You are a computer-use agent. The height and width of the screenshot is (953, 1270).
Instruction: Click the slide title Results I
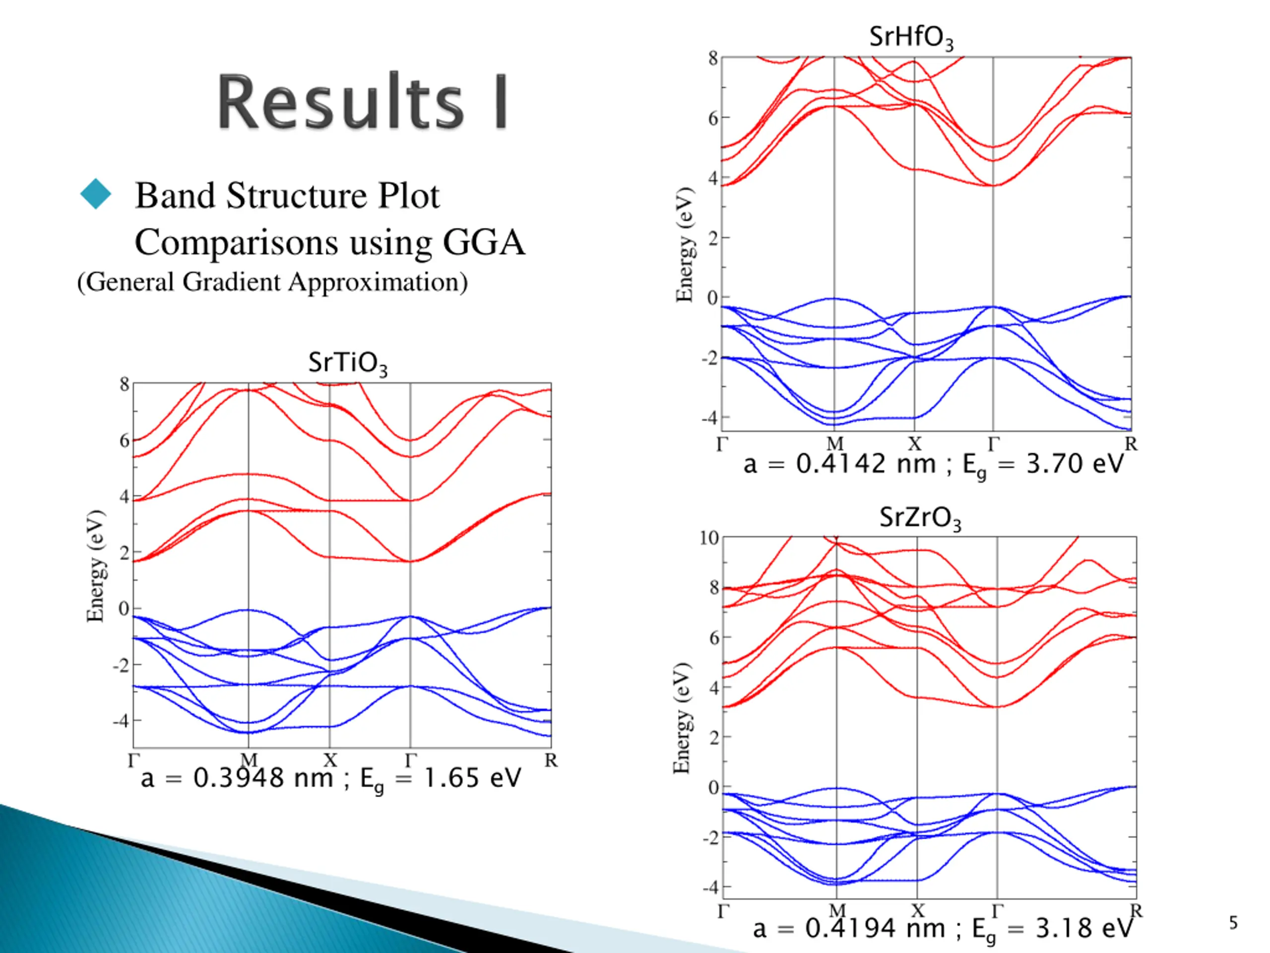362,102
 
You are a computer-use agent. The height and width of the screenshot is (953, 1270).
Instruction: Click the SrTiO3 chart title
347,363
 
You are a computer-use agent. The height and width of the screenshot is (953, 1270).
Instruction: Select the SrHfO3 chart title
911,38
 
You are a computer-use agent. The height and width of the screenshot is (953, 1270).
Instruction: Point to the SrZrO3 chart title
920,518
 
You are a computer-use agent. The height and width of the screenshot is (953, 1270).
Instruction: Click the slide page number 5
1233,923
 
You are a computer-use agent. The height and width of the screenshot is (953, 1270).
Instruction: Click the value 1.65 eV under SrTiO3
472,778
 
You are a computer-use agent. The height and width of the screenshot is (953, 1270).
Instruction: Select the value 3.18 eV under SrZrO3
1084,928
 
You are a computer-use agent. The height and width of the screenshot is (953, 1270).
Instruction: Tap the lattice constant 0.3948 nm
263,778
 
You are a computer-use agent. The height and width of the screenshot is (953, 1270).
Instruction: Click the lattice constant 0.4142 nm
866,464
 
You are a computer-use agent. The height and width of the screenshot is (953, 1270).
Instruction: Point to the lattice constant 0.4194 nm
875,928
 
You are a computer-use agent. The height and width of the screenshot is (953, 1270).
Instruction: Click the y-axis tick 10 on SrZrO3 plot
709,538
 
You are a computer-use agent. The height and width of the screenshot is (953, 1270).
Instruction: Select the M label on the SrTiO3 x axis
249,760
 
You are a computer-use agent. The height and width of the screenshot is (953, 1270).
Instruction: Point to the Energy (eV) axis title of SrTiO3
95,566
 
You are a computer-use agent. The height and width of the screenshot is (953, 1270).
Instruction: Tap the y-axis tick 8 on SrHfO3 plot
712,58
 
